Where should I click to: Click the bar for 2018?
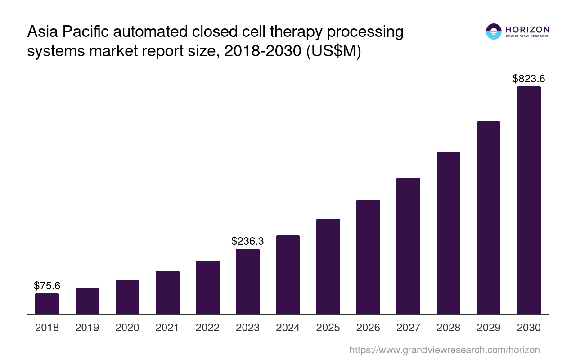47,304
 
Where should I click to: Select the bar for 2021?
167,292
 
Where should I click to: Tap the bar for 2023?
247,281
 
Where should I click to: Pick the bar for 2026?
368,257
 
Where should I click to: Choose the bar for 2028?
448,233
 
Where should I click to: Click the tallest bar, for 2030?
529,200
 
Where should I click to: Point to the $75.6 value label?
47,286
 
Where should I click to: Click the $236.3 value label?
247,241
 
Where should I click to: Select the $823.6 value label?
529,79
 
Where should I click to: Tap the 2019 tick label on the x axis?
87,328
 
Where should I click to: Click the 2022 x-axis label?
207,328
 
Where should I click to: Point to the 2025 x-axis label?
328,328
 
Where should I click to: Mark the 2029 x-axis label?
489,328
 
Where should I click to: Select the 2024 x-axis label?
288,328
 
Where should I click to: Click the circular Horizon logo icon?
494,31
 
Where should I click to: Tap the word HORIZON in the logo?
527,30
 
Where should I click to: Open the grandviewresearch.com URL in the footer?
445,350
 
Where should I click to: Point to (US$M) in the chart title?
333,52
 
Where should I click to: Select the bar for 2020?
127,297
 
